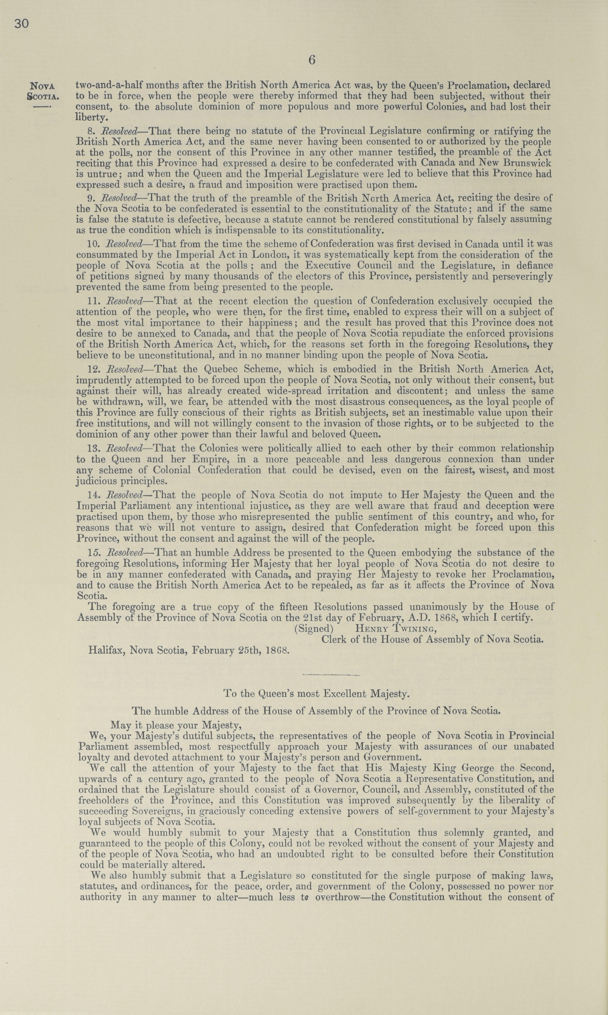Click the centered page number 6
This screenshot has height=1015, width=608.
point(312,60)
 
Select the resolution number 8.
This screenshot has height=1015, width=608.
point(91,132)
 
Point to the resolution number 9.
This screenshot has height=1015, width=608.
point(91,199)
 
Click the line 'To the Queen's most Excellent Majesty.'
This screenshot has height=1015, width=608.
point(316,694)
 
